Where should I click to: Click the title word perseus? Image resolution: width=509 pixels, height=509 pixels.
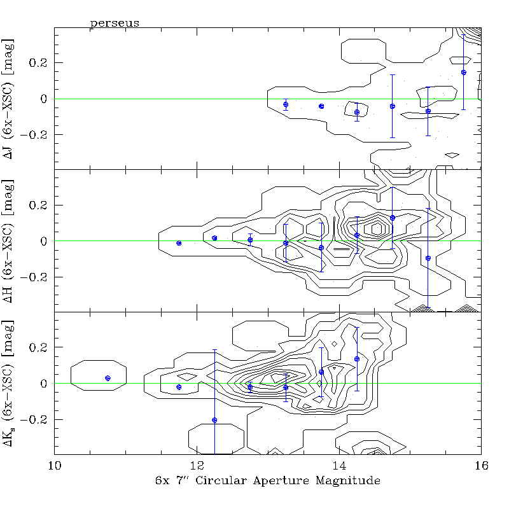(x=115, y=23)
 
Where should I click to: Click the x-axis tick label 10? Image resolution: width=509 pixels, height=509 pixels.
(x=55, y=465)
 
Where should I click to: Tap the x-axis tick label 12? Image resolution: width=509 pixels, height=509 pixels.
(x=197, y=465)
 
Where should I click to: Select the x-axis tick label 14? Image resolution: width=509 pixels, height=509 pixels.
(x=339, y=465)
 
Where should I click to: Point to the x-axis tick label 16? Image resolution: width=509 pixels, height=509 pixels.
(x=481, y=465)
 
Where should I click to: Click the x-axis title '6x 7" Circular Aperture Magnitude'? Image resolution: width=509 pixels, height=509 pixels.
(x=267, y=482)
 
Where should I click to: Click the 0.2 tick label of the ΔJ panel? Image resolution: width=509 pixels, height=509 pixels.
(x=38, y=63)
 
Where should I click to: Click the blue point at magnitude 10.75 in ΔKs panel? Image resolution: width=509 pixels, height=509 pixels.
(x=108, y=378)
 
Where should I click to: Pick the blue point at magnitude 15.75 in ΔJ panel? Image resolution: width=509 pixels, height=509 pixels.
(x=464, y=73)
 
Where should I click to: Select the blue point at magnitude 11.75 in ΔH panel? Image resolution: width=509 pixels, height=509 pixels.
(x=179, y=243)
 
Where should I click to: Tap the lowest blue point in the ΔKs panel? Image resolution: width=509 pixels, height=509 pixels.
(x=214, y=420)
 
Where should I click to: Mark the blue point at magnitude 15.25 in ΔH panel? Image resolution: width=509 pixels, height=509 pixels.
(x=428, y=258)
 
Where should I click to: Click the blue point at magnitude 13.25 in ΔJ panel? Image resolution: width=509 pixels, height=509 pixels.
(x=286, y=104)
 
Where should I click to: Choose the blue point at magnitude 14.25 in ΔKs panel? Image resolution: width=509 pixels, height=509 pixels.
(x=357, y=359)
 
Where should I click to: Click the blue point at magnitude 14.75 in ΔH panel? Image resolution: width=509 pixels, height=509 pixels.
(x=393, y=218)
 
